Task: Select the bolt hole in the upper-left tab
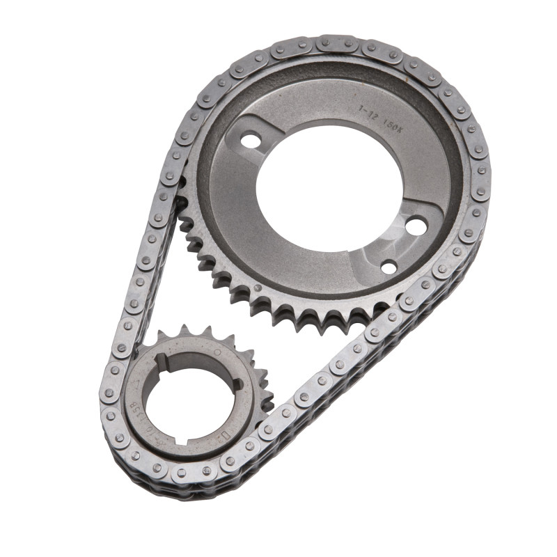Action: pos(249,141)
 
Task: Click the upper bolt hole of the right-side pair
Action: pos(416,226)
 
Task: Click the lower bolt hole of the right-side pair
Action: pos(389,267)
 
